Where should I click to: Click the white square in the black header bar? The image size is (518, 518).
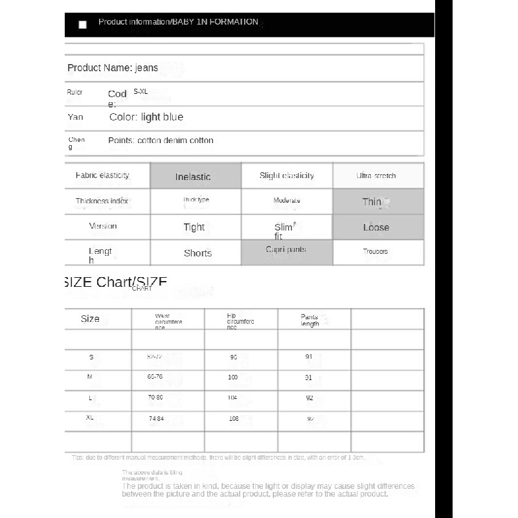click(x=82, y=25)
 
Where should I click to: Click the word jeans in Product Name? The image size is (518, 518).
click(x=146, y=67)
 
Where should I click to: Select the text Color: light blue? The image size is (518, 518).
click(x=146, y=117)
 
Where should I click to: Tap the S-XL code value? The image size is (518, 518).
click(x=141, y=92)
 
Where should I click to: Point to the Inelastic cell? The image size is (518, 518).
click(x=193, y=177)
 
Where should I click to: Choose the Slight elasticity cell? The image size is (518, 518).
click(x=287, y=175)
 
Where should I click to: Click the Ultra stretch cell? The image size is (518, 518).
click(x=376, y=176)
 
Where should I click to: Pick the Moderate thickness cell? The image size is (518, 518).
click(x=287, y=201)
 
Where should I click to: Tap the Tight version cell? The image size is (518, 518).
click(x=194, y=227)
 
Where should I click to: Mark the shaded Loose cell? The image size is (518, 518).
click(x=376, y=228)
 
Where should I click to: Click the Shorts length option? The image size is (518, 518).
click(x=197, y=253)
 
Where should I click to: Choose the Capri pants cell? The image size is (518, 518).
click(x=286, y=250)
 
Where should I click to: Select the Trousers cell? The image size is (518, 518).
click(x=376, y=251)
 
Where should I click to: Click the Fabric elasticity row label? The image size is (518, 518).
click(x=102, y=175)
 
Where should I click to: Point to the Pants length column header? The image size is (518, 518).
click(x=310, y=320)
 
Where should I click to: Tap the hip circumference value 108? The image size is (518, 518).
click(x=234, y=419)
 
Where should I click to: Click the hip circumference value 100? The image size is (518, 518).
click(x=233, y=377)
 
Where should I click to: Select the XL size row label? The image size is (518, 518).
click(x=90, y=418)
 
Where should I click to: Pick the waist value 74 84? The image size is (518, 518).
click(x=156, y=419)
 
